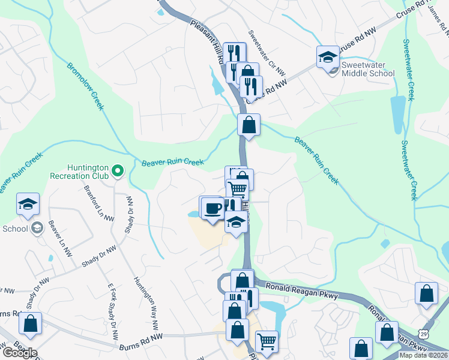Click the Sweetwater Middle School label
coord(367,69)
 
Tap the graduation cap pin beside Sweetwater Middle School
coord(328,58)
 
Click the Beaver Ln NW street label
coord(61,237)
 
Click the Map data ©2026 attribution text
coord(423,355)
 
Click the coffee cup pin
coord(212,208)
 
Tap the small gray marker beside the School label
coord(37,227)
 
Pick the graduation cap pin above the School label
coord(28,205)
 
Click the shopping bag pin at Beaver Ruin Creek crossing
coord(249,125)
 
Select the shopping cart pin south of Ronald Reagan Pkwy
coord(267,342)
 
